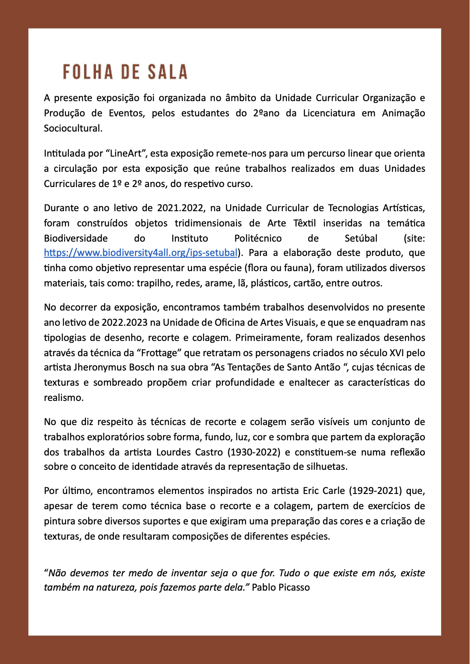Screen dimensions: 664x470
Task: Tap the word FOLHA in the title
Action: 88,72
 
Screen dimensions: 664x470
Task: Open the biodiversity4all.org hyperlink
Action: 141,253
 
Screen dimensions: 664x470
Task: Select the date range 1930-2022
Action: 255,452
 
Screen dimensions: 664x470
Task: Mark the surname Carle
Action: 333,491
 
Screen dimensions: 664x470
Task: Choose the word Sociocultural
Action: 73,128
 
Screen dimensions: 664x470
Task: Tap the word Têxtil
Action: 304,223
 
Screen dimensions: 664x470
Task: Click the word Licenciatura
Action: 329,113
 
